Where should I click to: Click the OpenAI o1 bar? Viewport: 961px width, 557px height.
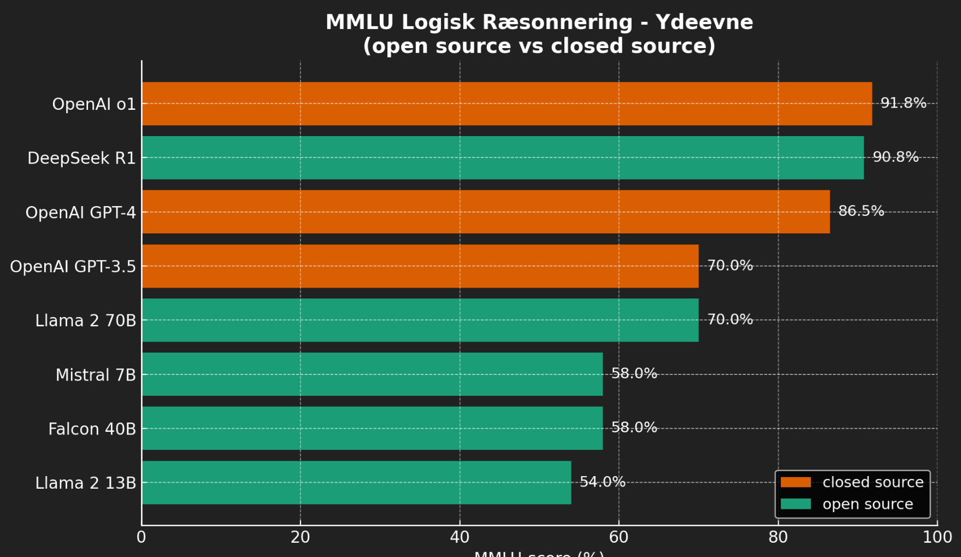506,103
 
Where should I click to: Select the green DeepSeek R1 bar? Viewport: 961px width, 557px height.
503,157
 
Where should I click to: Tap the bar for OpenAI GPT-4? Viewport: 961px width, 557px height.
486,212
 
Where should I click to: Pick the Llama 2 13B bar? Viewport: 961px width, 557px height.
356,482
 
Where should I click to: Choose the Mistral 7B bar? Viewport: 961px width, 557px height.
372,374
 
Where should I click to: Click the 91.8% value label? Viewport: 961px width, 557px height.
903,103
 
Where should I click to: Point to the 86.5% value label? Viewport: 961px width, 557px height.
861,211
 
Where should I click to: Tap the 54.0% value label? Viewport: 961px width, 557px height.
602,482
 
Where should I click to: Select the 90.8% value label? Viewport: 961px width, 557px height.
895,157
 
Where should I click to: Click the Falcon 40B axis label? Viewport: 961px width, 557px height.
92,429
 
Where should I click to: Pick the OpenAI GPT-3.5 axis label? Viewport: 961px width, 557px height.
73,267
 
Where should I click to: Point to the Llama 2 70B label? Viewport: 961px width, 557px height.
85,321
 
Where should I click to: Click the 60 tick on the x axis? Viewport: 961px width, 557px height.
618,537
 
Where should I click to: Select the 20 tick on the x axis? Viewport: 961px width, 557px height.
300,537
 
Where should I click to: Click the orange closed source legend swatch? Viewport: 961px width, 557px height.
795,482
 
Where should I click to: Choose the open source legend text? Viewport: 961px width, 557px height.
868,504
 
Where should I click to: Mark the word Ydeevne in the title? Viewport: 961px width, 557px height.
704,22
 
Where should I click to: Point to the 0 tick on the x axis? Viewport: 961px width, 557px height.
142,537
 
